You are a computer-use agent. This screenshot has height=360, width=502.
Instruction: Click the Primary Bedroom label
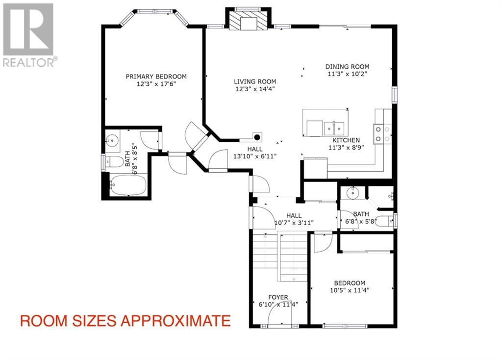pos(156,77)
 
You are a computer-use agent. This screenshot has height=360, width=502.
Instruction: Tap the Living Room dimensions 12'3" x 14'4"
pos(255,89)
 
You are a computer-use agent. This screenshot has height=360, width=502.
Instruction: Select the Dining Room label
pos(347,67)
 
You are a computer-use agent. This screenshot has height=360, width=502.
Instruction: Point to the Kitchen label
pos(346,140)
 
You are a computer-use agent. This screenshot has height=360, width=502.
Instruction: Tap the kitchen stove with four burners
pos(382,133)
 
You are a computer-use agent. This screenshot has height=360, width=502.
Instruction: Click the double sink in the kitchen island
pos(334,129)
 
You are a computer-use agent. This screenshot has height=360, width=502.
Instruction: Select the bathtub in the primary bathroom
pos(128,185)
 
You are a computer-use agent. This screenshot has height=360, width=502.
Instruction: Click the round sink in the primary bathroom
pos(112,140)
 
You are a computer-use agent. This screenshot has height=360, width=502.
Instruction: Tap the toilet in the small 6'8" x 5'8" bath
pos(385,221)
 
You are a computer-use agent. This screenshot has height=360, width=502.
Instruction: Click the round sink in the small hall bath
pos(353,193)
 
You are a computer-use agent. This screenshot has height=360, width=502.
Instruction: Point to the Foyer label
pos(278,297)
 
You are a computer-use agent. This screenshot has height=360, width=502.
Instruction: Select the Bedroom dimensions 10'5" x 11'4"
pos(350,290)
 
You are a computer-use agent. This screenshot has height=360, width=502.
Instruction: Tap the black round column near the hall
pos(257,137)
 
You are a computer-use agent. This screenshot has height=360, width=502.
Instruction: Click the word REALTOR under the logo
pos(28,62)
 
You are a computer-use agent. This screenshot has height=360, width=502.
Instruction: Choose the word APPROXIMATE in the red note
pos(175,321)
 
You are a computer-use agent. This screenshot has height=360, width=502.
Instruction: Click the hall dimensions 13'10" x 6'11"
pos(255,156)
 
